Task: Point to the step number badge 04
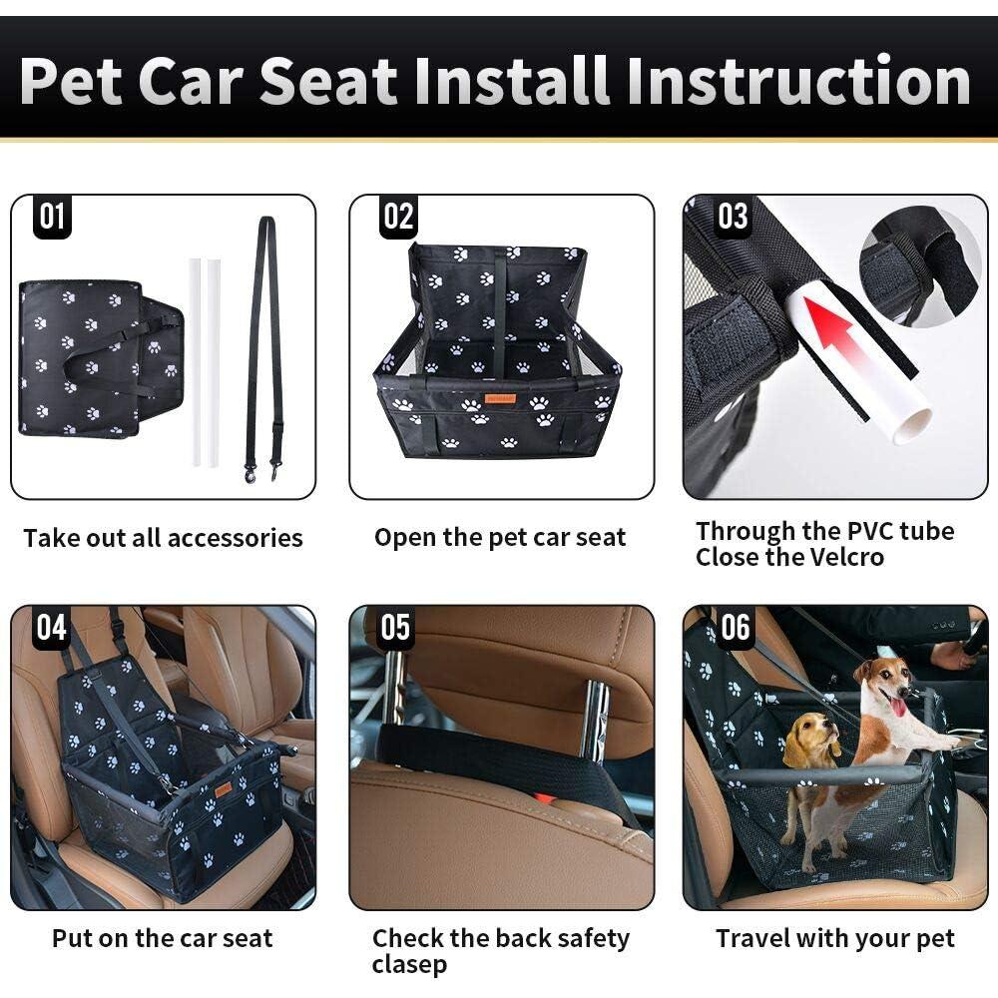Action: [x=52, y=628]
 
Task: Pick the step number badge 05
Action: [x=395, y=628]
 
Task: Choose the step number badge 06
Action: [x=735, y=628]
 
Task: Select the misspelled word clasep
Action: [x=409, y=965]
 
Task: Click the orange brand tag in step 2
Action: [x=499, y=396]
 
